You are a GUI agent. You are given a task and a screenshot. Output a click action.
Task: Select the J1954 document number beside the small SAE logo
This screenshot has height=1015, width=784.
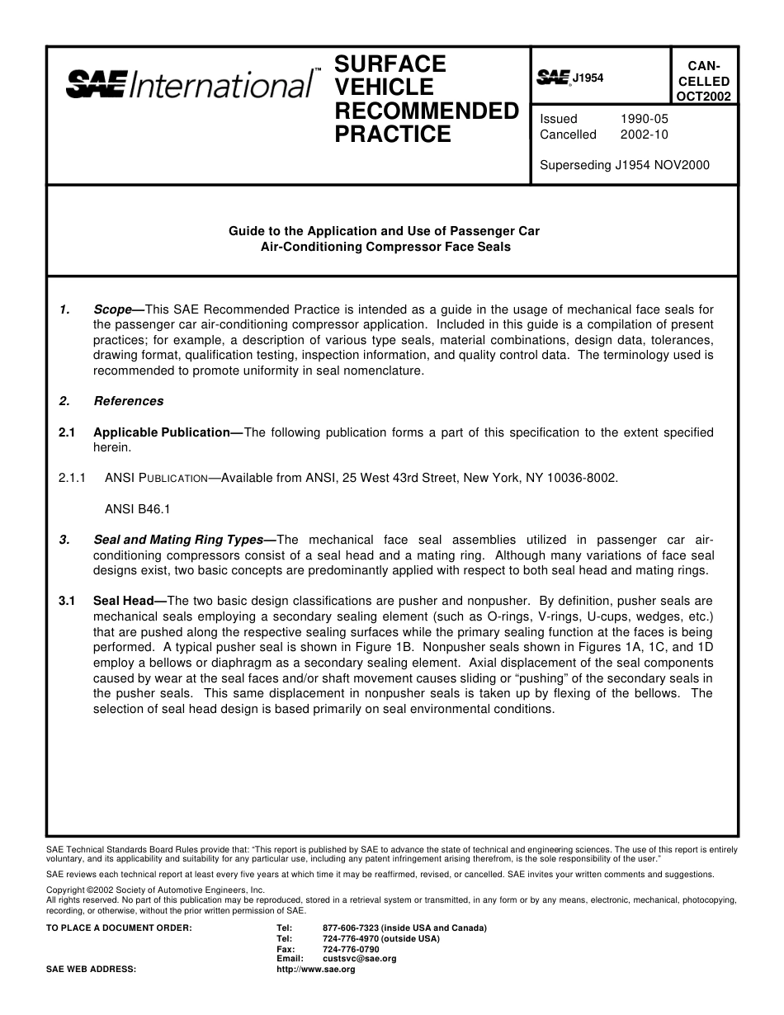(588, 78)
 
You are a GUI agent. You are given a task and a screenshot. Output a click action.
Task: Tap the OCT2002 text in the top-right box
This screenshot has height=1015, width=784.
(703, 96)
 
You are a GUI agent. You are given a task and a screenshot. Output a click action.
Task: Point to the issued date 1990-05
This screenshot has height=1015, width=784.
(645, 119)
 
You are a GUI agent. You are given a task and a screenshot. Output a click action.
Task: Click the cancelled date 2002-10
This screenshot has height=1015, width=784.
(645, 135)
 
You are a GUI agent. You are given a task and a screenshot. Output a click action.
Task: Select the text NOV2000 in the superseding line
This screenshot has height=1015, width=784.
(684, 165)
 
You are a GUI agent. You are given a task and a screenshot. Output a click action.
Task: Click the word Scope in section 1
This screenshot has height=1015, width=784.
(113, 309)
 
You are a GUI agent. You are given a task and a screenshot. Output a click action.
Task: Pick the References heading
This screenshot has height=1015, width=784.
(129, 401)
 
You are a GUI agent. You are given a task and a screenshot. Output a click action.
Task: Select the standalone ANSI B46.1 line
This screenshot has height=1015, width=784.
(138, 509)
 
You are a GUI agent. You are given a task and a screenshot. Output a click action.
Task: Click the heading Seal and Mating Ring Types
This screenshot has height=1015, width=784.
(178, 541)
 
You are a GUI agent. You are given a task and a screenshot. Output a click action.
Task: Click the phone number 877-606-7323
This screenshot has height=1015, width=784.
(350, 928)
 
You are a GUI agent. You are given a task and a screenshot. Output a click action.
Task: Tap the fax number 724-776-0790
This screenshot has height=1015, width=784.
(351, 949)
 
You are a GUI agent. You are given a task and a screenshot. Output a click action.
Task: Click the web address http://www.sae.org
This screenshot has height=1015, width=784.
(316, 970)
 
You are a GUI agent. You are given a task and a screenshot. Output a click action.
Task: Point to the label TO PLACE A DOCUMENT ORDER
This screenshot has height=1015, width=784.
(119, 928)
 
